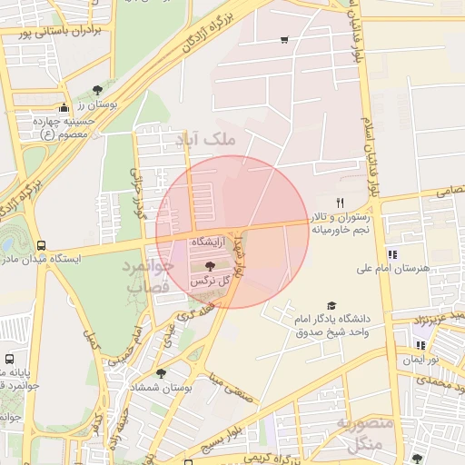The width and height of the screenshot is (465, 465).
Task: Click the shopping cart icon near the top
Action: [x=284, y=39]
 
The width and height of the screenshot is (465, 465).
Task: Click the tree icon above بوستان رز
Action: [x=96, y=88]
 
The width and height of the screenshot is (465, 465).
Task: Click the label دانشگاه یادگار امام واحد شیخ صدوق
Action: [x=333, y=326]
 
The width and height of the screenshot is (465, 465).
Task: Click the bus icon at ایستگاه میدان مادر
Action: [x=41, y=245]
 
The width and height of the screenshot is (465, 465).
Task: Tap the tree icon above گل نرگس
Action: [x=211, y=266]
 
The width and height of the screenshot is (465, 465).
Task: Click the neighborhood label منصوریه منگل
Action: [x=365, y=434]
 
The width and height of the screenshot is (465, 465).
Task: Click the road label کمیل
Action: [x=90, y=341]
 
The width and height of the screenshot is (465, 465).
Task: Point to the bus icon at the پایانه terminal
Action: [x=9, y=359]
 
